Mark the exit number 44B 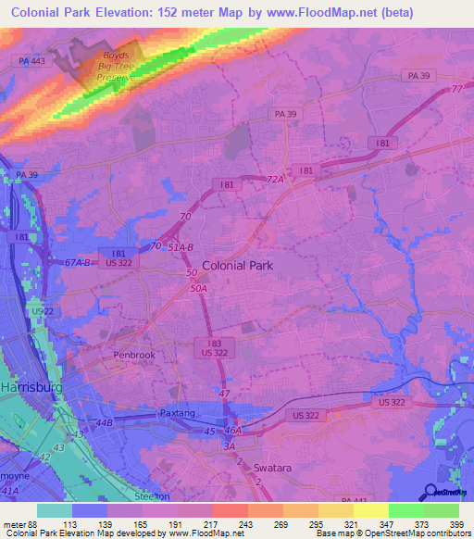tap(103, 422)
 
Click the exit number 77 tap(456, 89)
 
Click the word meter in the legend tap(14, 523)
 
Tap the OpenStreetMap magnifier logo tap(430, 492)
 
